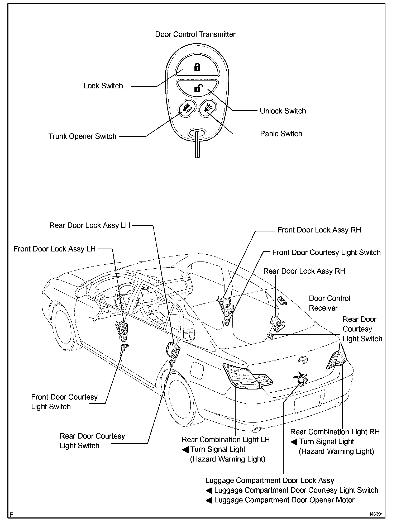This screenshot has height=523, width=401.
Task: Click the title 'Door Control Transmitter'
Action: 195,34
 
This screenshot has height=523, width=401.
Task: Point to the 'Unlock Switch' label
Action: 283,111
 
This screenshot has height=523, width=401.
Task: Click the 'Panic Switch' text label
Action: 281,134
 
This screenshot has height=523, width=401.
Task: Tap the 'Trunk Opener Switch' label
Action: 82,136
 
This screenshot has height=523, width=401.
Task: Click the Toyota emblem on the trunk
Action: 303,359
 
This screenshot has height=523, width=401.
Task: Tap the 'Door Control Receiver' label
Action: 329,303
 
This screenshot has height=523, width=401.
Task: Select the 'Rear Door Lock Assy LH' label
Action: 90,225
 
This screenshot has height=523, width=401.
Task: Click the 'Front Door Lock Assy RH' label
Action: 319,230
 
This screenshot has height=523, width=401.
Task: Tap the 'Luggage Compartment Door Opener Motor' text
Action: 284,500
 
